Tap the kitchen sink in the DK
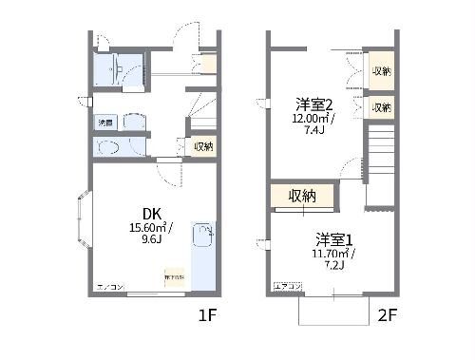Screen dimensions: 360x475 [202, 234]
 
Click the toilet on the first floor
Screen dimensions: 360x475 [107, 147]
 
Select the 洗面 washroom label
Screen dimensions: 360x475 [105, 123]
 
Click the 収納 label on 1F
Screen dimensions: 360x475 [203, 146]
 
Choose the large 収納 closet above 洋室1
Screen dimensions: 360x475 [302, 196]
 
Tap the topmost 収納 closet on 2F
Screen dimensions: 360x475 [381, 71]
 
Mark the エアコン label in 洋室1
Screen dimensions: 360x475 [287, 285]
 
